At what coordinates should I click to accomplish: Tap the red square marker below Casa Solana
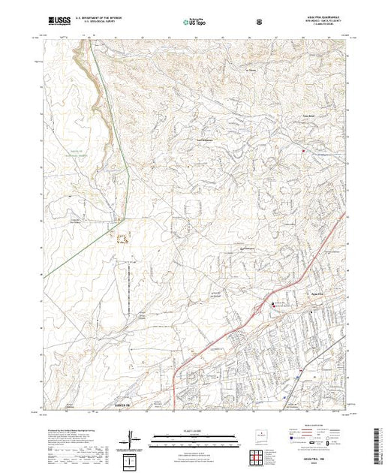coord(302,152)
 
